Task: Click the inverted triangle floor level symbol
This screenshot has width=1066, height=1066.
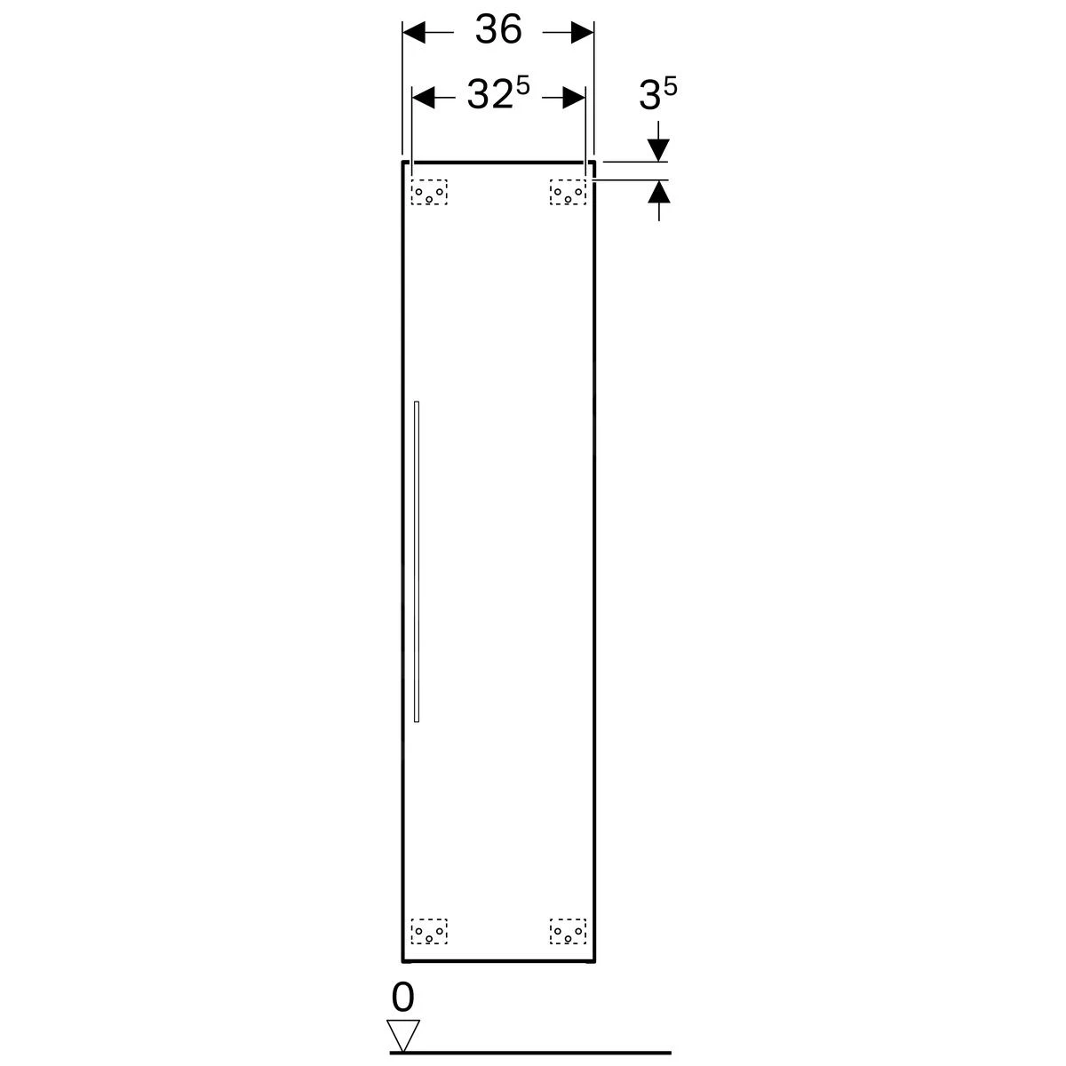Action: click(x=402, y=1036)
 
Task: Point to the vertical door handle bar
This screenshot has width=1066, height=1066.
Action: click(x=417, y=561)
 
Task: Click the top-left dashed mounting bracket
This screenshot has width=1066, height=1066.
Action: click(x=429, y=192)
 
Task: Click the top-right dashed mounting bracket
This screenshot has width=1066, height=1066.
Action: click(x=568, y=192)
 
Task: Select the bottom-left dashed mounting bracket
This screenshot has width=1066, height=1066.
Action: click(x=429, y=931)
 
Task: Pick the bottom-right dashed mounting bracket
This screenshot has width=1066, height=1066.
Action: click(x=568, y=931)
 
